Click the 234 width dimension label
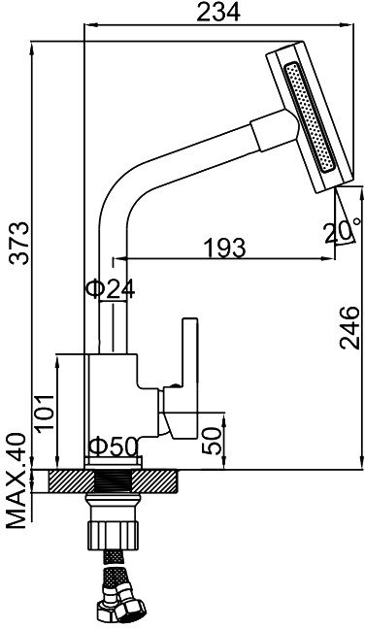click(x=218, y=12)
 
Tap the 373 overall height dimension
click(x=19, y=243)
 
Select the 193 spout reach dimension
click(x=224, y=248)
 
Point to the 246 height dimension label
click(x=349, y=327)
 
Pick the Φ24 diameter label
click(x=111, y=288)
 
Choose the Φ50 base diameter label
click(x=114, y=447)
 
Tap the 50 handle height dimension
click(x=213, y=441)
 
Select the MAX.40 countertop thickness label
click(x=17, y=481)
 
